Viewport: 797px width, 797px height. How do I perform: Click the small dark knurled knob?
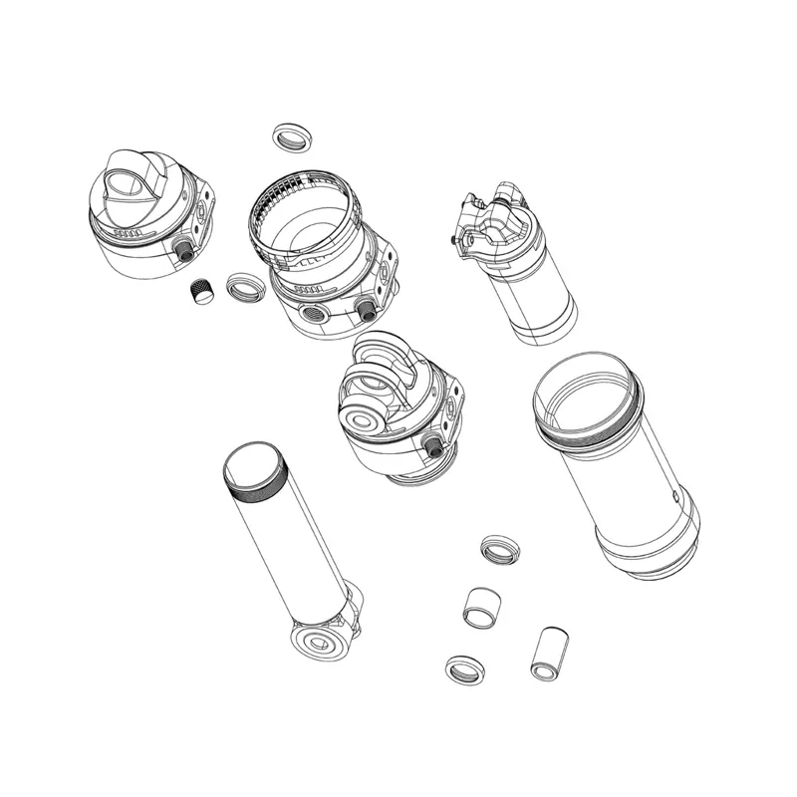click(x=203, y=292)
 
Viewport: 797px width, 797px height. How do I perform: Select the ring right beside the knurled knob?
click(x=242, y=288)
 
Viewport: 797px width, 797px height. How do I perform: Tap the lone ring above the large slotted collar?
click(x=290, y=136)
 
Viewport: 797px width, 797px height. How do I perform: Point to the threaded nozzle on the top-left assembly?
click(x=183, y=250)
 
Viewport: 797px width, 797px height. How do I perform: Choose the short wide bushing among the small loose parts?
click(x=483, y=606)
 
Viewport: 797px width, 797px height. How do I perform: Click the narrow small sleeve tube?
click(x=548, y=654)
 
